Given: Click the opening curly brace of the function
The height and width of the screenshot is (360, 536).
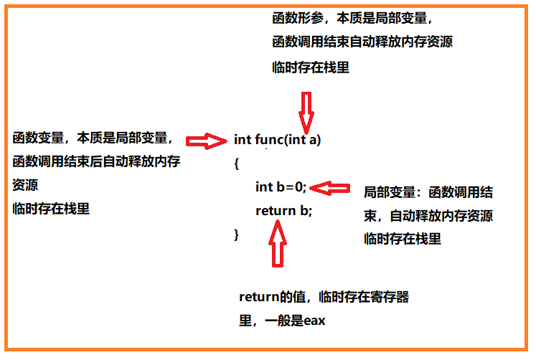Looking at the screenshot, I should [x=236, y=164].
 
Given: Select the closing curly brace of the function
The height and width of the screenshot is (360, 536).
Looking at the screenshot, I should [x=236, y=234].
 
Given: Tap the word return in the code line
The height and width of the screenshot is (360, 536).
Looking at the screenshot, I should [x=276, y=210].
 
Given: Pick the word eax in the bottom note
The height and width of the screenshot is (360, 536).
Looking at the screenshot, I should [x=314, y=321].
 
